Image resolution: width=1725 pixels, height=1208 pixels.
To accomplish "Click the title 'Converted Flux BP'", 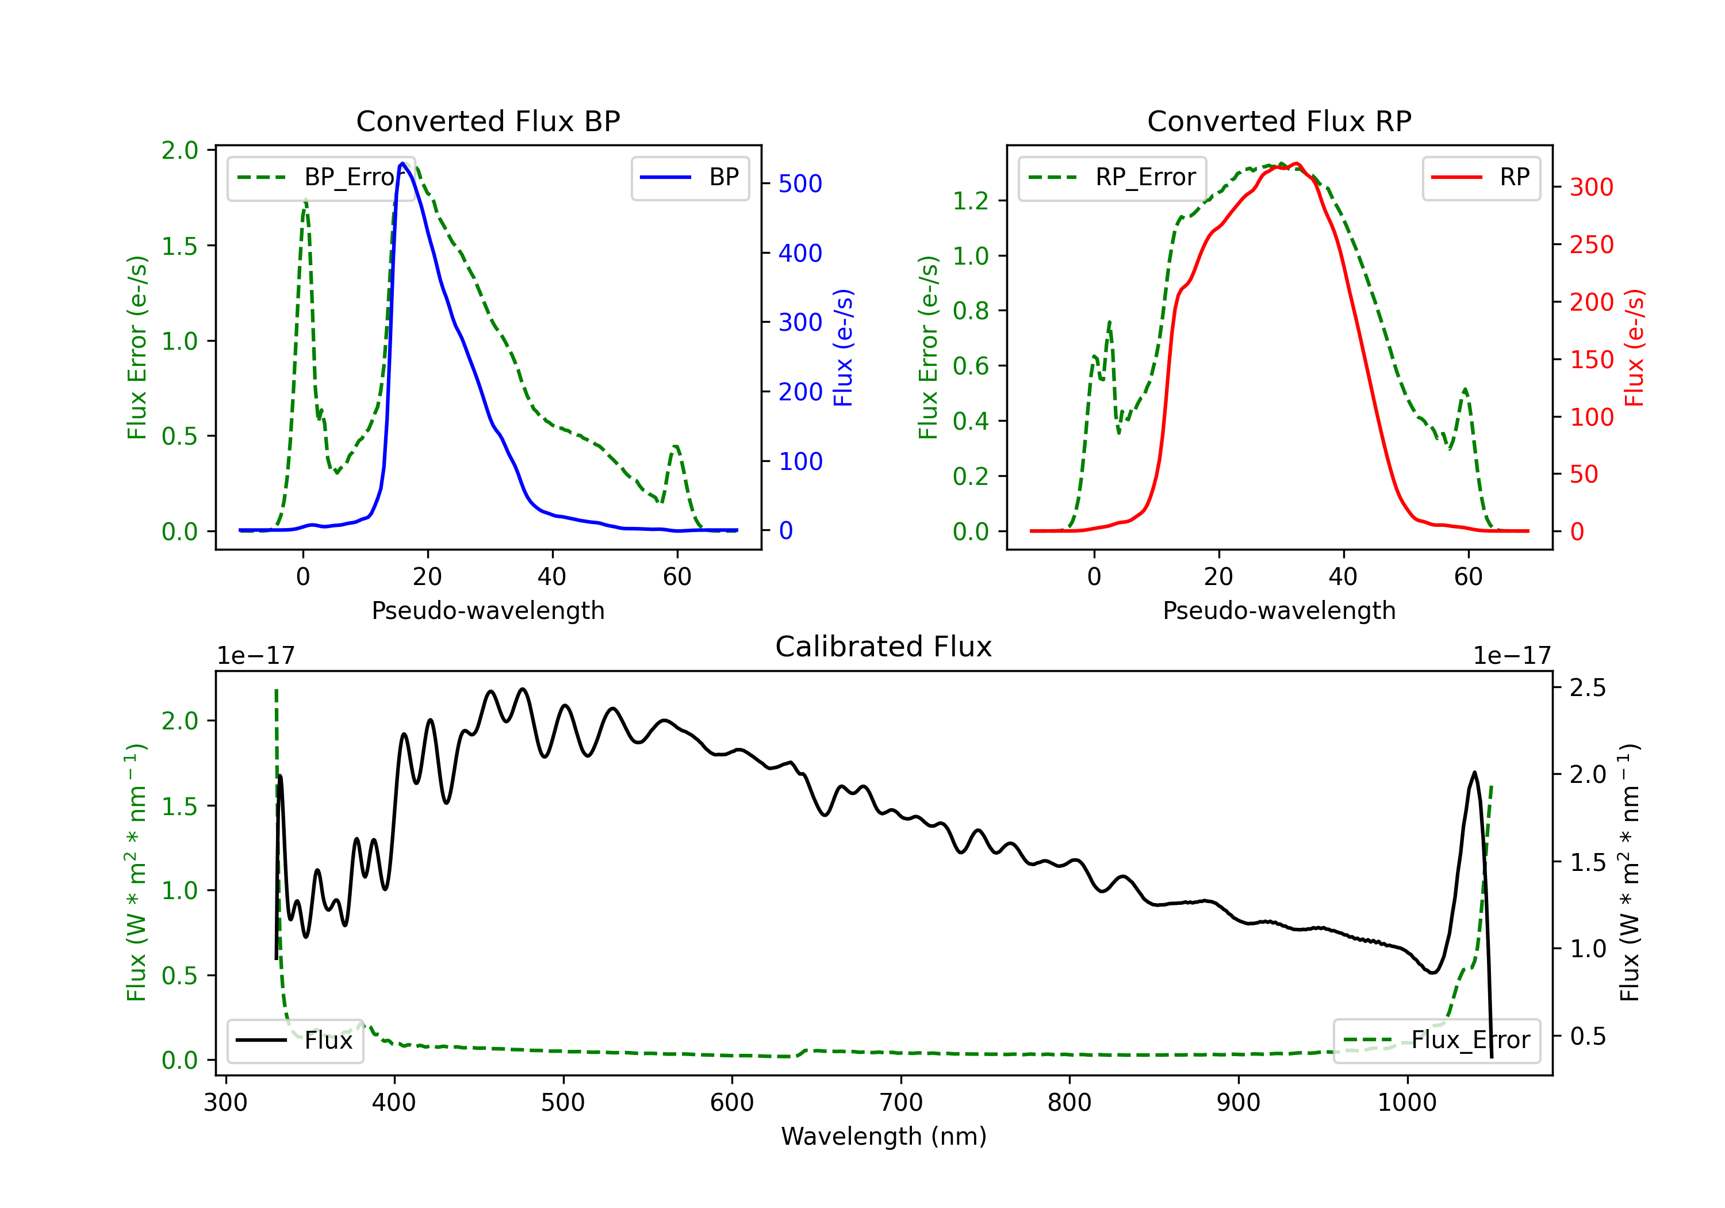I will (x=488, y=121).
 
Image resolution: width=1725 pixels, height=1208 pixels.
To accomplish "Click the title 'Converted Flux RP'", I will (x=1279, y=121).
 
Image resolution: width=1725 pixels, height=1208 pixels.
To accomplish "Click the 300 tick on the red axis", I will (x=1591, y=187).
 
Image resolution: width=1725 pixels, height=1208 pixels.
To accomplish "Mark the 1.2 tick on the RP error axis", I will (x=971, y=201).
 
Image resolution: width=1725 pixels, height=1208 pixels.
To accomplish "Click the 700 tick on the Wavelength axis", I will (x=901, y=1103).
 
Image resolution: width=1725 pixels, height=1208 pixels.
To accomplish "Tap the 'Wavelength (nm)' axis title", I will (x=884, y=1136).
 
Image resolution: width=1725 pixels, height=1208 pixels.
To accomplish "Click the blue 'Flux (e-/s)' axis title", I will (x=844, y=348).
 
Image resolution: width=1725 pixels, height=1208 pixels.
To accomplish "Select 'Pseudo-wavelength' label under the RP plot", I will (x=1279, y=610).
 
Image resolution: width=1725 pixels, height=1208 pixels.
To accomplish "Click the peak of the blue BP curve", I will (x=402, y=163).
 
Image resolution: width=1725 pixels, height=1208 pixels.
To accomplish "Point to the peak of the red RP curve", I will (x=1297, y=163).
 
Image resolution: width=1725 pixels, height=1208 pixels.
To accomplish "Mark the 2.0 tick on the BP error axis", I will (x=179, y=150).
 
